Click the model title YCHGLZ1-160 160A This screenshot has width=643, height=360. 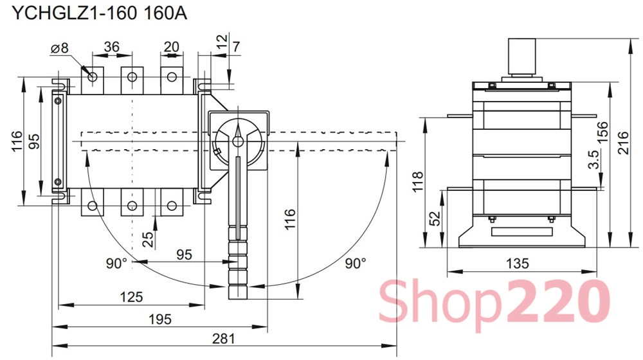(x=99, y=13)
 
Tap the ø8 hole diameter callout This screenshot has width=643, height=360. (x=60, y=48)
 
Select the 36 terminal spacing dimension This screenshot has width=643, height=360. (x=111, y=47)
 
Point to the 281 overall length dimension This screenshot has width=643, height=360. (x=224, y=339)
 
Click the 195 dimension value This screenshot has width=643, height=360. (x=160, y=319)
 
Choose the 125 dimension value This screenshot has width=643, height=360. (x=131, y=297)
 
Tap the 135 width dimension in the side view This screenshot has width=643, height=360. (x=517, y=263)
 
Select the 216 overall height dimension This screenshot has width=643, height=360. (x=623, y=142)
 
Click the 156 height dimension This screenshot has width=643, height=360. (x=603, y=132)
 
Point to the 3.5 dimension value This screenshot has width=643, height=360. (x=593, y=159)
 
